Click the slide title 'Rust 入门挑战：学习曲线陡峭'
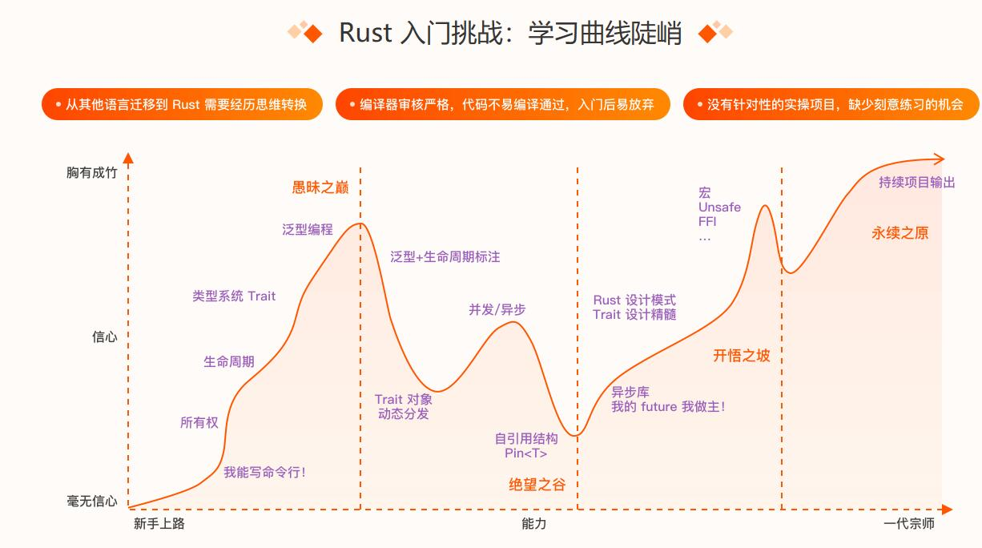click(510, 34)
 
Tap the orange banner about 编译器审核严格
click(502, 105)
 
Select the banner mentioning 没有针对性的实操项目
click(831, 105)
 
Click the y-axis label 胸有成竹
click(91, 172)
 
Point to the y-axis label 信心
click(104, 337)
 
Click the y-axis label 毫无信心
click(91, 502)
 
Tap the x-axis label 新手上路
click(159, 524)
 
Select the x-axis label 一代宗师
click(909, 524)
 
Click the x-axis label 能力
click(533, 524)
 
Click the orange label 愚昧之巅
click(320, 187)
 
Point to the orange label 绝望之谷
click(543, 485)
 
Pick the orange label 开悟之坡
click(742, 356)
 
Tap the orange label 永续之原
click(900, 233)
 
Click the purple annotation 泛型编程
click(308, 229)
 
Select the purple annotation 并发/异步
click(497, 309)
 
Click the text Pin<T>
click(526, 453)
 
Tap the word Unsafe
click(719, 208)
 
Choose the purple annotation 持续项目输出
click(917, 182)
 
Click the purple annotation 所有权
click(199, 422)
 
